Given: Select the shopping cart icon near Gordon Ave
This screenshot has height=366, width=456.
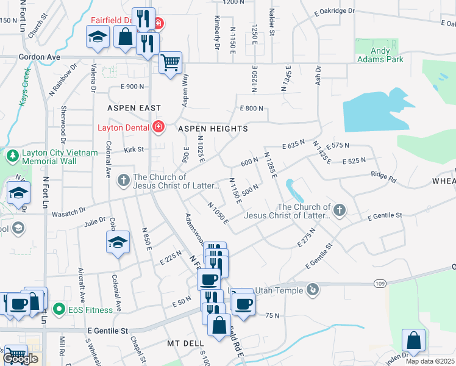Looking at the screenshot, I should [x=171, y=62].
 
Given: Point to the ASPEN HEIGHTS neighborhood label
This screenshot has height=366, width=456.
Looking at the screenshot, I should [x=213, y=129].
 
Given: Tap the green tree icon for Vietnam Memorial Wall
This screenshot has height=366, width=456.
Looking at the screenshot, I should [x=12, y=156].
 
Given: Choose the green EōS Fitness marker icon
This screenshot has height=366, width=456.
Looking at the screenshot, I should [x=59, y=309].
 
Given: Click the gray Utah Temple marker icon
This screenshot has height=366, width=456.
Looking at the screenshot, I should [x=313, y=290].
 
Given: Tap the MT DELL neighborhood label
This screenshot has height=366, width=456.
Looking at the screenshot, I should [x=185, y=343].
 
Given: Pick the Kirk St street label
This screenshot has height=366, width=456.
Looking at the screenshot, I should [x=134, y=149].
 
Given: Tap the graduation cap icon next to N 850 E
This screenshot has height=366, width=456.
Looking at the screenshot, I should [x=118, y=242].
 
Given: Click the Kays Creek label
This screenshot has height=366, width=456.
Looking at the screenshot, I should [x=24, y=89].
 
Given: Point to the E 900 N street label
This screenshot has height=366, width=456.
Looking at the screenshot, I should [x=132, y=87].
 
